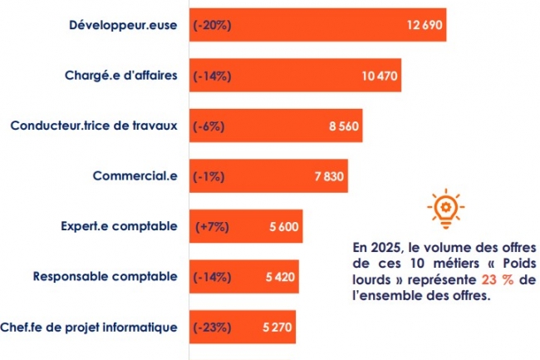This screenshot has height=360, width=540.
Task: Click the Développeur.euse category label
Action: click(x=122, y=25)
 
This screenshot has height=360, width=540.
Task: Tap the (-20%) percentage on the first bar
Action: click(x=212, y=25)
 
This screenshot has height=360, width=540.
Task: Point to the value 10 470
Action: click(x=380, y=76)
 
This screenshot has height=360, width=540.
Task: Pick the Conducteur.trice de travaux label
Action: click(x=93, y=126)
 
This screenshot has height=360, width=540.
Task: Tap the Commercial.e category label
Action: click(x=135, y=175)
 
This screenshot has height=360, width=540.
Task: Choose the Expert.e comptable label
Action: click(x=119, y=225)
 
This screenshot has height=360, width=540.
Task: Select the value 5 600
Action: click(x=282, y=226)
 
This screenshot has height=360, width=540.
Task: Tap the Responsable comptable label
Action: click(x=104, y=276)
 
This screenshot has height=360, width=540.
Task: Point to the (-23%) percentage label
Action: click(x=212, y=327)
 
